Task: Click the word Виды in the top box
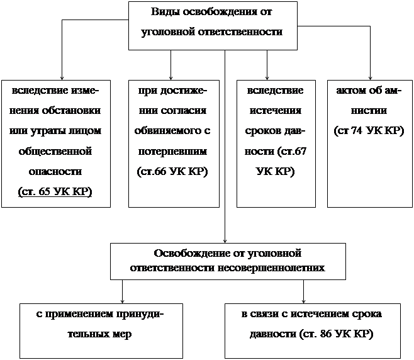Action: coord(165,13)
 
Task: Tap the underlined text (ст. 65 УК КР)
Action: coord(55,191)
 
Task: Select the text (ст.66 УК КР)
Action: coord(172,171)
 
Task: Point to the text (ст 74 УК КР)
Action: coord(369,131)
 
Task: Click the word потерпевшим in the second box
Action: coord(172,152)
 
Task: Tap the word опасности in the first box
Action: coord(55,171)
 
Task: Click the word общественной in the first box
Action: coord(55,151)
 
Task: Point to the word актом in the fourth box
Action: coord(352,91)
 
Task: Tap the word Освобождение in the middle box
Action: coord(182,253)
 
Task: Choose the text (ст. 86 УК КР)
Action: coord(338,333)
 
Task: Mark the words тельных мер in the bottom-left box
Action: coord(99,333)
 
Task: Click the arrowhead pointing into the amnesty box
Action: coord(370,76)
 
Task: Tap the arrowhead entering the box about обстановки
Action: coord(62,76)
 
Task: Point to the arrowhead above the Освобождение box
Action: coord(225,240)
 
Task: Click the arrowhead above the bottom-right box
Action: coord(304,300)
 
